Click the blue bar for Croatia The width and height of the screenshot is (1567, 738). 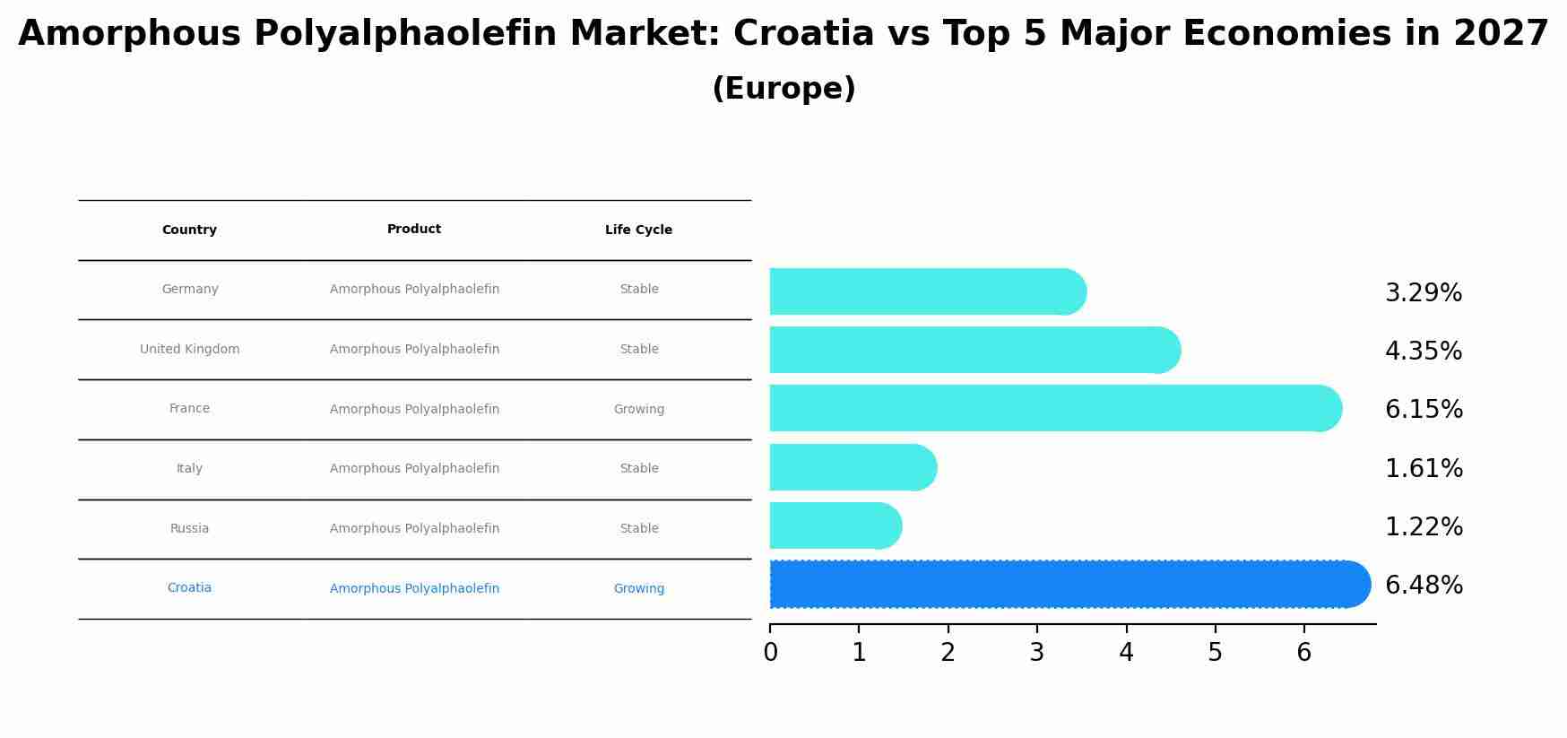coord(1067,585)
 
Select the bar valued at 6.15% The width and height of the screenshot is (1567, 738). coord(1053,408)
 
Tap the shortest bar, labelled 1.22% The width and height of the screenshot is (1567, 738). coord(834,525)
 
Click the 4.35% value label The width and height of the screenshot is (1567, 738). coord(1424,351)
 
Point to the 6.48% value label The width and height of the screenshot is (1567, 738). coord(1424,585)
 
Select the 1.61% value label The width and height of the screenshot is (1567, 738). coord(1424,468)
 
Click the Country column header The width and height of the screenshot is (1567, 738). coord(189,230)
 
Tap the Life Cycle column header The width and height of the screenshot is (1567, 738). coord(638,230)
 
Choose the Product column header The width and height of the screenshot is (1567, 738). coord(414,229)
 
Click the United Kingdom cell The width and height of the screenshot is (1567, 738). coord(189,349)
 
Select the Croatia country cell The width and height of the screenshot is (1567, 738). coord(189,587)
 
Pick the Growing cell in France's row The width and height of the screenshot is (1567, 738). coord(638,409)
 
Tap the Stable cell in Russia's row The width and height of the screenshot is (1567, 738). coord(638,528)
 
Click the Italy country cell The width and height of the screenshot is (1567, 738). coord(189,468)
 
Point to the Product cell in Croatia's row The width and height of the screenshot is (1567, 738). coord(414,588)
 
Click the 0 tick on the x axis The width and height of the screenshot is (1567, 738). coord(770,652)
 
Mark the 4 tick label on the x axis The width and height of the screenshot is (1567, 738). coord(1126,652)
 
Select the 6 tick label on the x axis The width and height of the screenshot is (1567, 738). coord(1303,652)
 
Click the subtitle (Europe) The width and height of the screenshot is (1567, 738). coord(783,89)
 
